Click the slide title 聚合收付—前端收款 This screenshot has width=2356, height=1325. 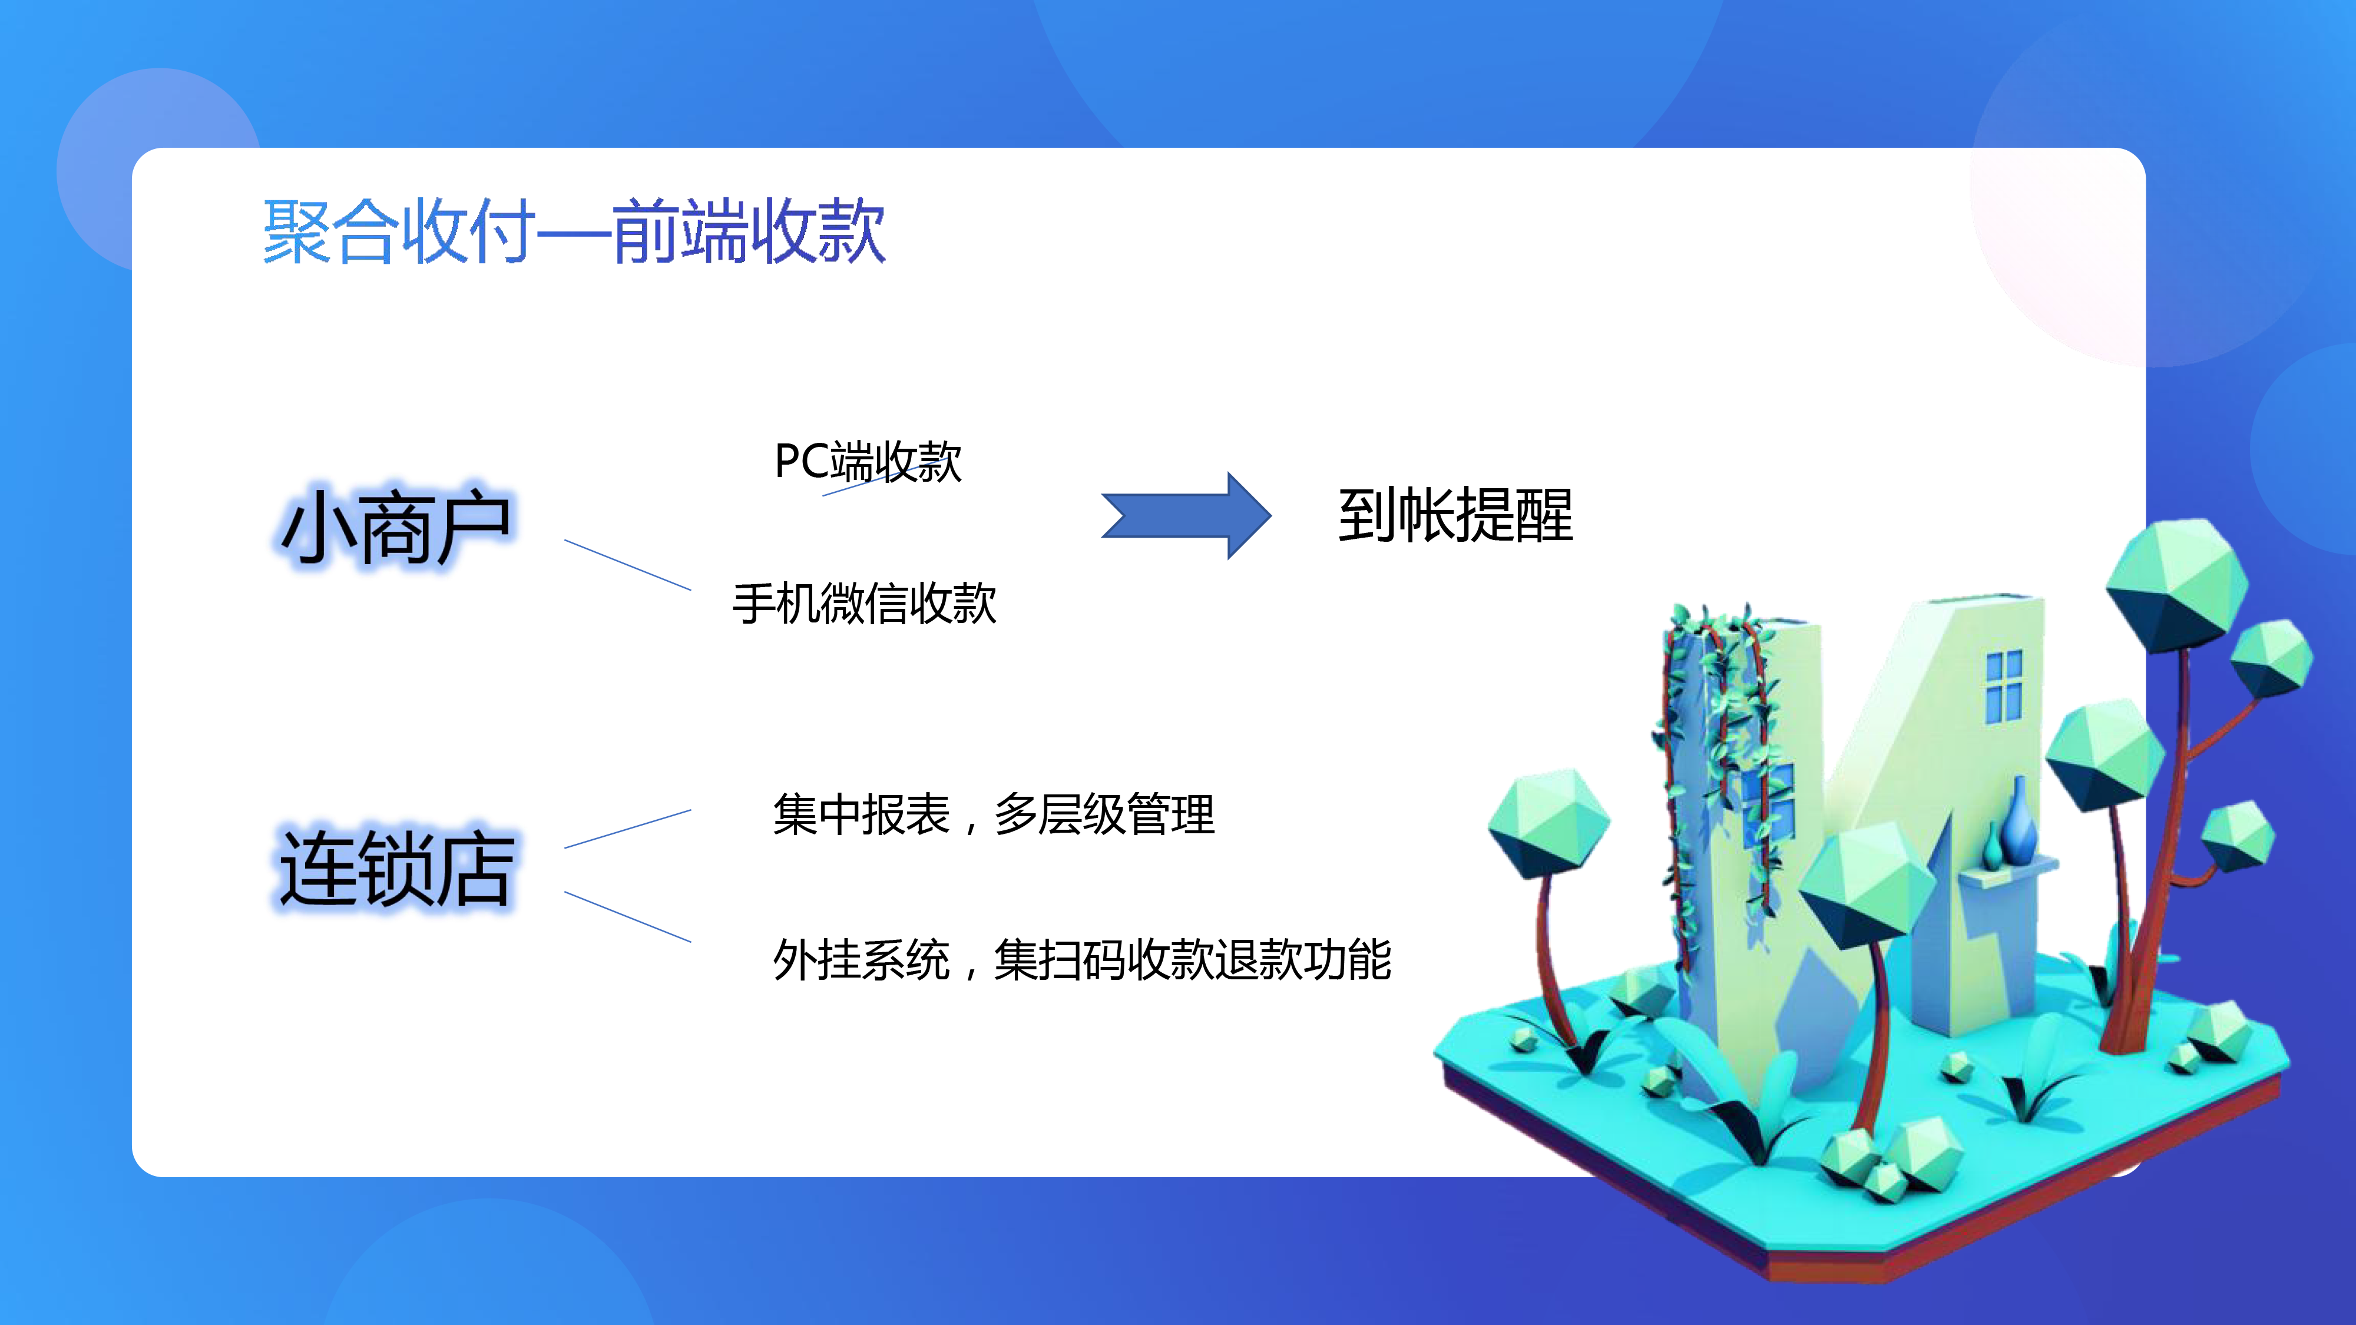(x=574, y=231)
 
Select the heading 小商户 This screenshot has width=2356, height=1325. (x=396, y=526)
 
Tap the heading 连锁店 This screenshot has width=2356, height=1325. (x=396, y=868)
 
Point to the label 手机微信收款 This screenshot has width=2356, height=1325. (x=864, y=604)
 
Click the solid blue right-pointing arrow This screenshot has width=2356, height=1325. (x=1186, y=516)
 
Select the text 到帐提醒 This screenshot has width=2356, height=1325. (x=1455, y=516)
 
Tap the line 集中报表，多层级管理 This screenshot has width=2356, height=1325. (x=993, y=814)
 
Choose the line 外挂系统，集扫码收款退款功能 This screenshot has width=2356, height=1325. (x=1082, y=959)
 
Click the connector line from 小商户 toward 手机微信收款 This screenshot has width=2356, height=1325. (x=627, y=565)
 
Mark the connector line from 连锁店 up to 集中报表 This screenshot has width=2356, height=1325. (x=627, y=829)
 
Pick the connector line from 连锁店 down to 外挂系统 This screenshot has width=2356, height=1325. (x=627, y=916)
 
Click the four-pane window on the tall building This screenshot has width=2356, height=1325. (x=2004, y=687)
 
